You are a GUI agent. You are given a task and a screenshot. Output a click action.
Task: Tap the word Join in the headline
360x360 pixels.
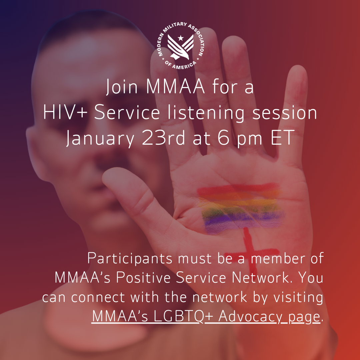pyautogui.click(x=122, y=87)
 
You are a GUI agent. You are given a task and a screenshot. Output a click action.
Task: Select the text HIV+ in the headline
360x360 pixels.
pyautogui.click(x=66, y=113)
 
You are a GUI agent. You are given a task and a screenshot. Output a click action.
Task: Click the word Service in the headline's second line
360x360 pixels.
pyautogui.click(x=127, y=113)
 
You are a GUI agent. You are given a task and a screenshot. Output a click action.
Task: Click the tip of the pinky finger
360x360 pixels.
pyautogui.click(x=296, y=72)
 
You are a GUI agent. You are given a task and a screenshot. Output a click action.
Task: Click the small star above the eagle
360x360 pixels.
pyautogui.click(x=180, y=38)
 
